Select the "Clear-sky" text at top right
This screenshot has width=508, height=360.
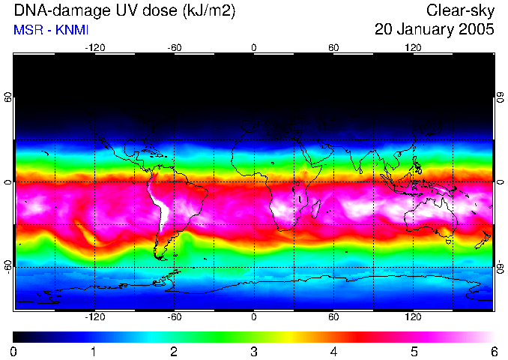(460, 11)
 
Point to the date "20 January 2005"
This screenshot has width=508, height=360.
(434, 30)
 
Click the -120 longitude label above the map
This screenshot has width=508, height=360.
(94, 46)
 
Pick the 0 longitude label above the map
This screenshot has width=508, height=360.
(254, 46)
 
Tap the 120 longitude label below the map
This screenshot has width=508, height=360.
(413, 317)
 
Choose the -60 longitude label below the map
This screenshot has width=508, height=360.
(175, 317)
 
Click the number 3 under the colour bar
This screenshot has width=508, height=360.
(253, 351)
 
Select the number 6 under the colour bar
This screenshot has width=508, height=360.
(493, 351)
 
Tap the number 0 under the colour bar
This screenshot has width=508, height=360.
(14, 351)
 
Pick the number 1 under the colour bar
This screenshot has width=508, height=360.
(94, 351)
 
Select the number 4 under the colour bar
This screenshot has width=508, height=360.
(333, 351)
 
